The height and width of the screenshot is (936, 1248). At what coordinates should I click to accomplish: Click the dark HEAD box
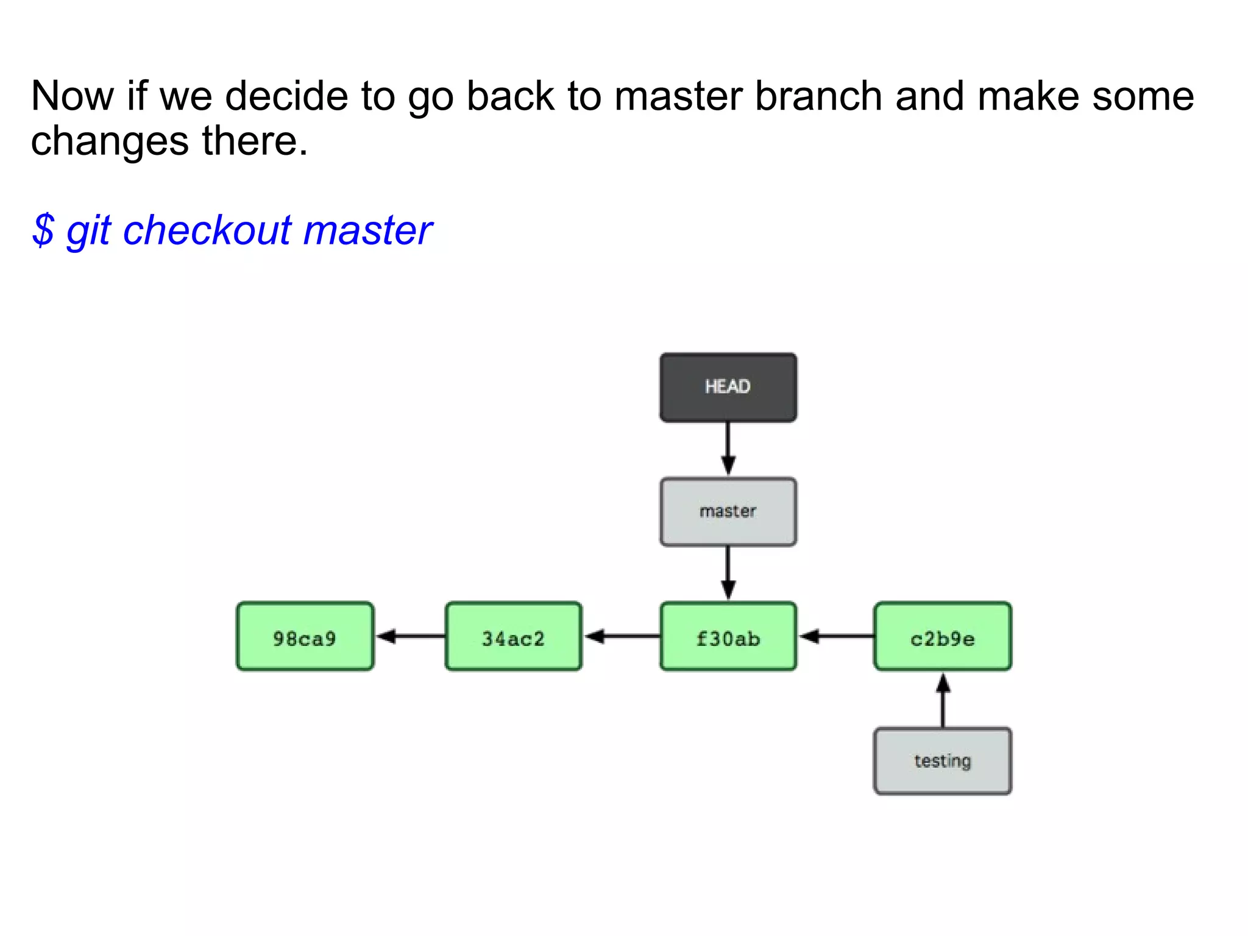click(728, 388)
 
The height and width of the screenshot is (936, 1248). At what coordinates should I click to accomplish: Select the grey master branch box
click(728, 512)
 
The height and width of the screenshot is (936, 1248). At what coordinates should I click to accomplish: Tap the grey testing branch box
click(942, 760)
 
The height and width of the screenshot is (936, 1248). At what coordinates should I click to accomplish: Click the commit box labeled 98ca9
click(305, 637)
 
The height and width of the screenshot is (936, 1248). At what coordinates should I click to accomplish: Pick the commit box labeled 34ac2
click(513, 637)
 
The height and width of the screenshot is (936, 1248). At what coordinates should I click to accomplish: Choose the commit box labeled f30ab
click(728, 637)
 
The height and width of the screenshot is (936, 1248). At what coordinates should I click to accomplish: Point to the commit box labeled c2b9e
click(942, 637)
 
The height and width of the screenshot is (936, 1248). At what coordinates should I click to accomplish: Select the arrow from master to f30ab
click(728, 573)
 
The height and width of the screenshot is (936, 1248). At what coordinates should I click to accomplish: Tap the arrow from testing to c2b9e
click(943, 701)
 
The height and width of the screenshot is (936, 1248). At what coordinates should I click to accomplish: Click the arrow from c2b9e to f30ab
click(836, 637)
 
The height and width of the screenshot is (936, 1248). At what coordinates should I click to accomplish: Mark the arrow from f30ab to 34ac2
click(622, 637)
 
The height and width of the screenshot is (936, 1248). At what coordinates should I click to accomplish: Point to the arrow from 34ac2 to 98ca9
click(409, 637)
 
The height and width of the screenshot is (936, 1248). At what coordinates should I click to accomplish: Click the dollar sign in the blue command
click(43, 230)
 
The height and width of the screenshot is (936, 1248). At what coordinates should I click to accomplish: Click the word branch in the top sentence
click(818, 96)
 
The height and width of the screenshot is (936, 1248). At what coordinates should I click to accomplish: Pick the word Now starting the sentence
click(72, 96)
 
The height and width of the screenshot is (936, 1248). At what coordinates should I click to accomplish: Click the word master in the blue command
click(367, 230)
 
